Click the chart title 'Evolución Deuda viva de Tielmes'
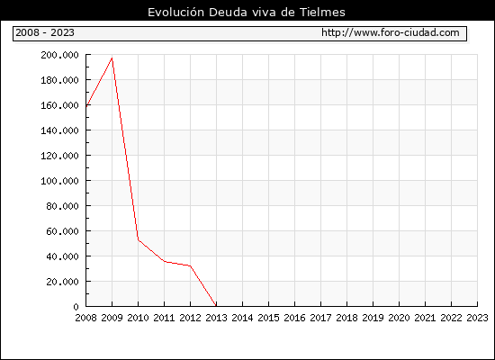(x=247, y=12)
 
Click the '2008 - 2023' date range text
(x=45, y=32)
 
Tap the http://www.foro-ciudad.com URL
(x=391, y=32)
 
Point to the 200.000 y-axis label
(x=59, y=55)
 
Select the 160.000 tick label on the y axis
(x=59, y=105)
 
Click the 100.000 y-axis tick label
(x=59, y=181)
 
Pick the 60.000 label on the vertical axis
(x=62, y=231)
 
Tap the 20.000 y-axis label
(x=62, y=282)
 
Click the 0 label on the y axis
(x=76, y=307)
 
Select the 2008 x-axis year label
(x=85, y=318)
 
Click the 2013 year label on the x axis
(x=216, y=318)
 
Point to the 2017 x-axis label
(x=320, y=318)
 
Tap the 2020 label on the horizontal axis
(x=399, y=318)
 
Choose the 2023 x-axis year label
(x=477, y=318)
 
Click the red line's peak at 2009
(x=112, y=58)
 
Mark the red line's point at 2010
(x=138, y=239)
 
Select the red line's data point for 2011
(x=164, y=261)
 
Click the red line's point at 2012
(x=191, y=265)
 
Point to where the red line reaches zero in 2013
(x=216, y=306)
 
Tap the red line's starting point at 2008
(x=86, y=106)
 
